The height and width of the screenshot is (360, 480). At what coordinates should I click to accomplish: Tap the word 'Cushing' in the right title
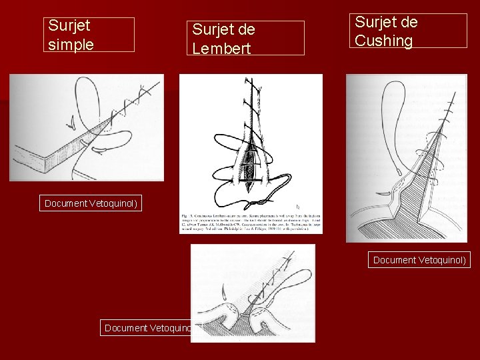point(383,41)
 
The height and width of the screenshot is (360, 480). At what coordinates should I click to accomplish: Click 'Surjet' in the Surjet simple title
point(69,27)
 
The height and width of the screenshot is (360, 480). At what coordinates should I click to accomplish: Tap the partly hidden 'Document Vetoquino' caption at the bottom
point(147,327)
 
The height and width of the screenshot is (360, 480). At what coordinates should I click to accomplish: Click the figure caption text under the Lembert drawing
point(251,221)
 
